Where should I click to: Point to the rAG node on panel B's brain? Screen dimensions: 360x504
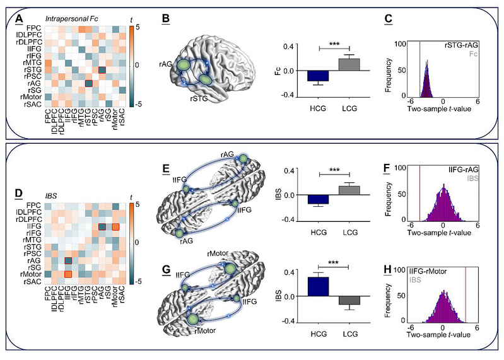[184, 64]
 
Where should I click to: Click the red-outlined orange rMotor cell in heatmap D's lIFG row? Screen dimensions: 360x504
[115, 227]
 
